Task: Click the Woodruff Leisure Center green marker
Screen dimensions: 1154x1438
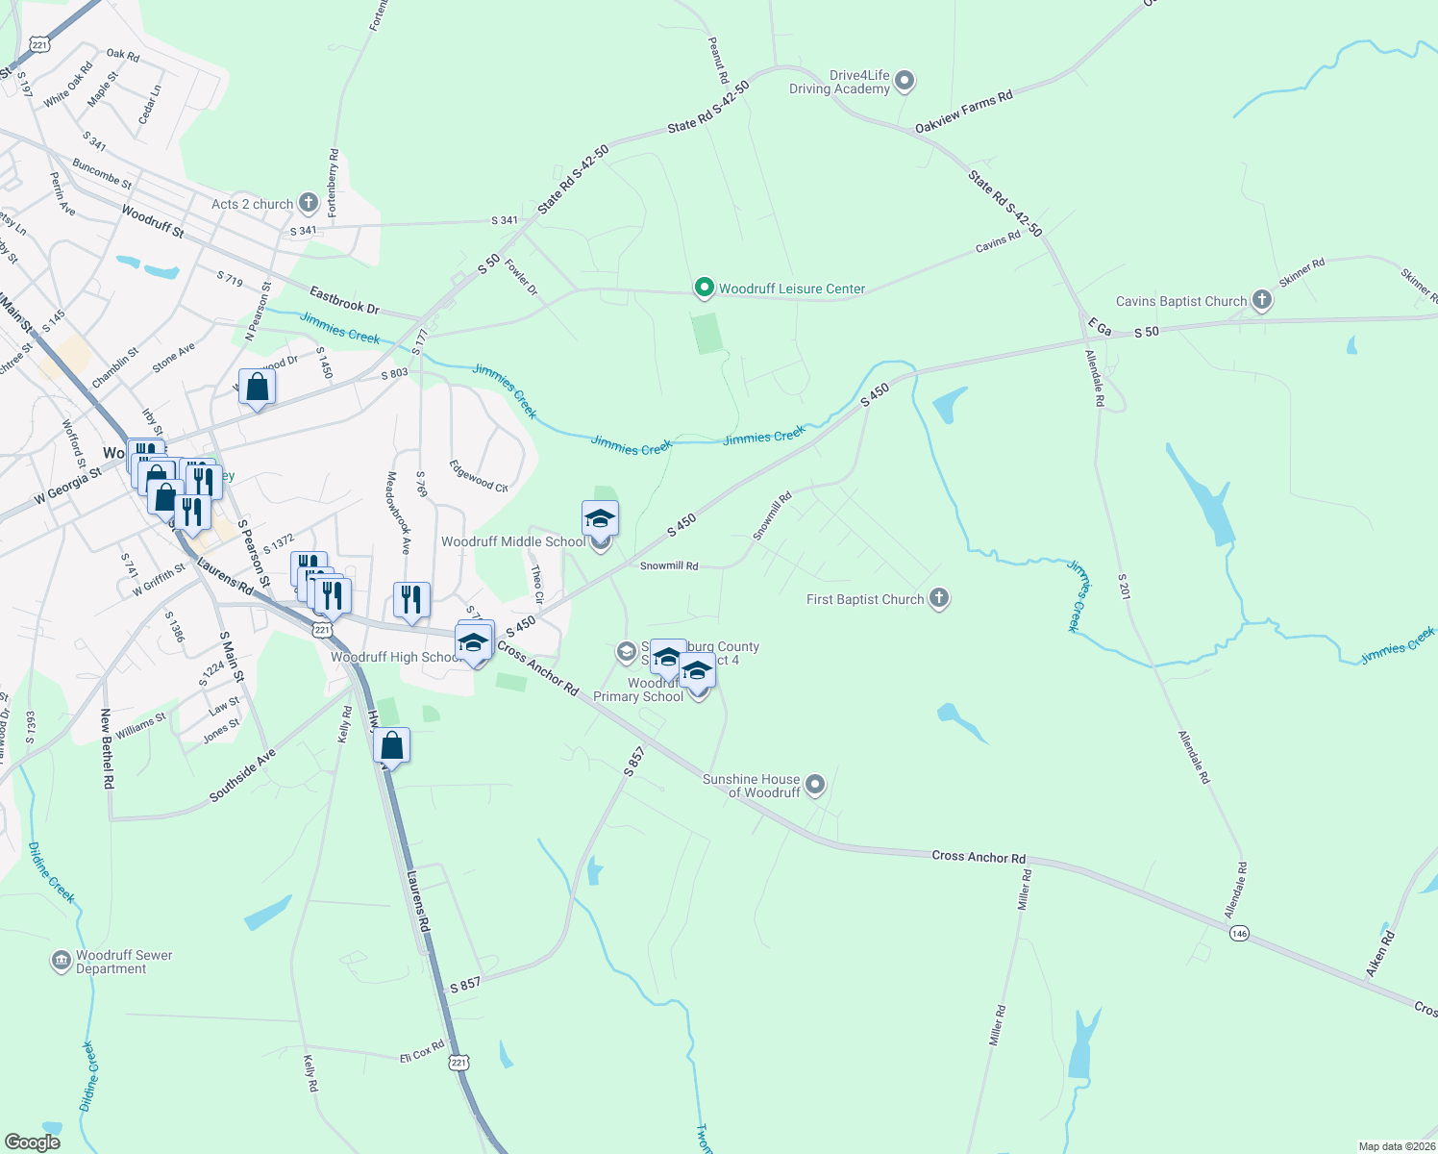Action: click(x=704, y=288)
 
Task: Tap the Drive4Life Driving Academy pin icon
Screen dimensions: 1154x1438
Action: click(x=904, y=82)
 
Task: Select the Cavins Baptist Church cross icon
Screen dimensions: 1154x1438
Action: click(x=1261, y=301)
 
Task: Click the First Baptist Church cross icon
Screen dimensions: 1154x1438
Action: click(x=939, y=599)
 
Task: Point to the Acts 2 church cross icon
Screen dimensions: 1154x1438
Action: click(x=308, y=203)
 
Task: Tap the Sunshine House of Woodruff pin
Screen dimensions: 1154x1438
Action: click(x=815, y=786)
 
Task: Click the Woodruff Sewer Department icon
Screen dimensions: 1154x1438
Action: click(x=61, y=961)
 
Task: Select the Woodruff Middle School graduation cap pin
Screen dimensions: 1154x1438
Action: click(x=600, y=519)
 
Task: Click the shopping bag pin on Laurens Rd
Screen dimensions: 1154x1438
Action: click(x=392, y=745)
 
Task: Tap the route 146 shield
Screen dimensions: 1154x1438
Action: click(x=1238, y=933)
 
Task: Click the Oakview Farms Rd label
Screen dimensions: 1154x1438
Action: click(x=963, y=112)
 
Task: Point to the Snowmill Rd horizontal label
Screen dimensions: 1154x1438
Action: click(x=669, y=566)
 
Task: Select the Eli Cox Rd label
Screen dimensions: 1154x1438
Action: click(x=422, y=1052)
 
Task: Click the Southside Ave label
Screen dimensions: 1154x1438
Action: click(x=242, y=775)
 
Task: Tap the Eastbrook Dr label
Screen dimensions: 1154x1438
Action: click(x=344, y=300)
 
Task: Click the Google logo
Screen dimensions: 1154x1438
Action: click(x=33, y=1141)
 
